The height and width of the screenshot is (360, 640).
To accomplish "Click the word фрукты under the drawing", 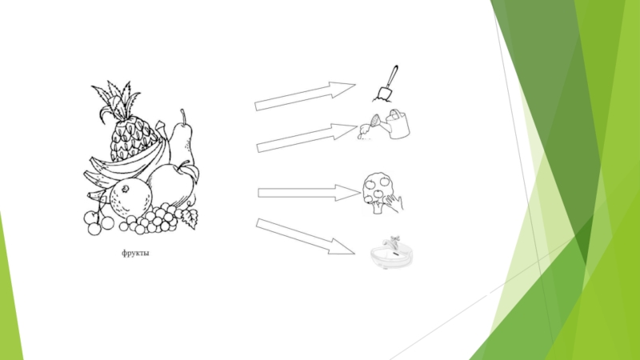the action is pos(135,253).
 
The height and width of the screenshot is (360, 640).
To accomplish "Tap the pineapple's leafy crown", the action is pos(115,100).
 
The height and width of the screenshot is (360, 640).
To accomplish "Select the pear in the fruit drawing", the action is pos(182,138).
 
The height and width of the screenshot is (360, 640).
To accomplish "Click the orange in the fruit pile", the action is pos(130,198).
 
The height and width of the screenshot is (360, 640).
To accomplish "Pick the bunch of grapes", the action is pos(153,218).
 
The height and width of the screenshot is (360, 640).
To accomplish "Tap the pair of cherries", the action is pos(98,222).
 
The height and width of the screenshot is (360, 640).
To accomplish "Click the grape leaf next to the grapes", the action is pos(188,218).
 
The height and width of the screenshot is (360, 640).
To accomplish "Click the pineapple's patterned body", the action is pos(131,139).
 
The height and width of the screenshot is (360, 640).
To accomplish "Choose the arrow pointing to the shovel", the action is pos(305,96).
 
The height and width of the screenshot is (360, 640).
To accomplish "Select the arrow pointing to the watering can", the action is pos(306,138).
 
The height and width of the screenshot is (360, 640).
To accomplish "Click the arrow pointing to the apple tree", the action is pos(309,193).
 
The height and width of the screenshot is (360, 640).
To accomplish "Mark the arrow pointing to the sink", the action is pos(305,237).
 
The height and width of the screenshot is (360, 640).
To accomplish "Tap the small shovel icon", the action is pos(386,84).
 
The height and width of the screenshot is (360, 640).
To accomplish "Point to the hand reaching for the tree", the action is pos(394,203).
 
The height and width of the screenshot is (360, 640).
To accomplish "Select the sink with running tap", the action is pos(391,253).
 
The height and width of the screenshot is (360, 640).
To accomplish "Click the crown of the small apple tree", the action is pos(377,187).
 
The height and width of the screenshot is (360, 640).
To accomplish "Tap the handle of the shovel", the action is pos(393,76).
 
